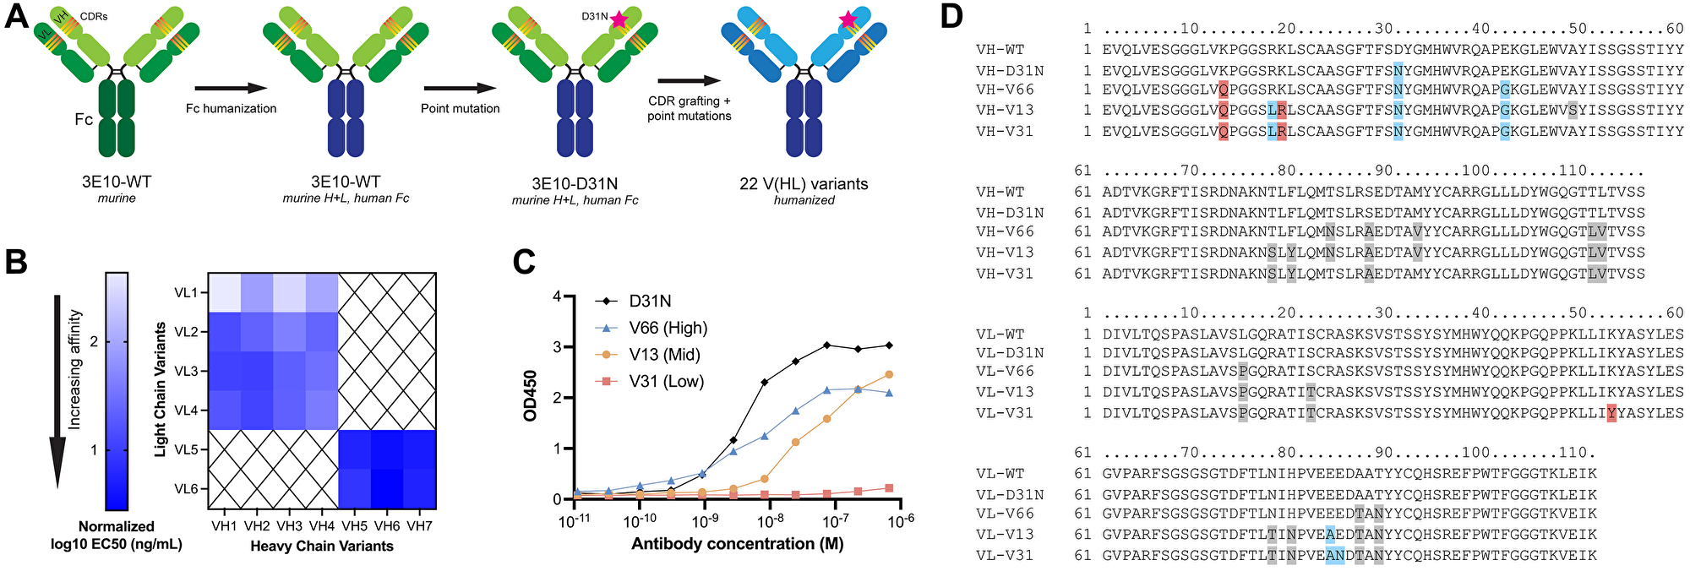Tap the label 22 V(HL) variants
(x=804, y=183)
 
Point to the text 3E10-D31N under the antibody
(x=575, y=182)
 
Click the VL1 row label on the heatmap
(x=188, y=293)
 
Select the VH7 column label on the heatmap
(x=417, y=525)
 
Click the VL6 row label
(x=188, y=489)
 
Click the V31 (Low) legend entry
(x=666, y=381)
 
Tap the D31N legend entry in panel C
(x=651, y=302)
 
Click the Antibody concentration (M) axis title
(x=737, y=544)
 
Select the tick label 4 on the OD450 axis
(x=557, y=296)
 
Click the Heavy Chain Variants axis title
(x=321, y=547)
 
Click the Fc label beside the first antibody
(x=84, y=119)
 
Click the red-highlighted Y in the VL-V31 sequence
(x=1611, y=413)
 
